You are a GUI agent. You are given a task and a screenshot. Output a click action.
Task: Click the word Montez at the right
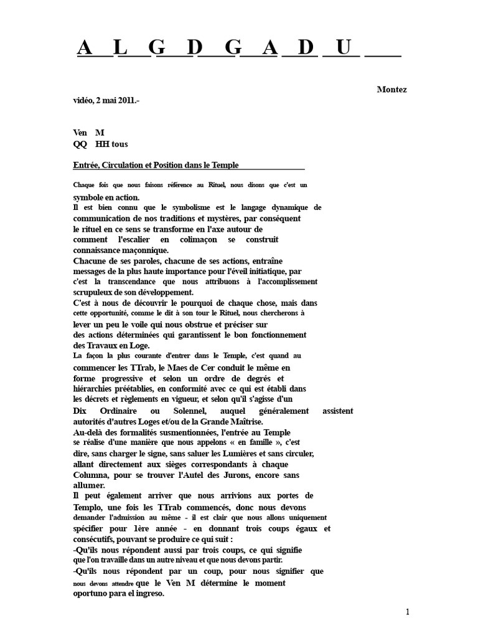pos(391,90)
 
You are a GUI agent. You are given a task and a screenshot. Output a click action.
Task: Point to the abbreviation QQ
pos(80,144)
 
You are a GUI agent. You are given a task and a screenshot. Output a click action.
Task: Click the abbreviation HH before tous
pos(103,144)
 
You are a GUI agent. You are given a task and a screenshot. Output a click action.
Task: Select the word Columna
pos(92,475)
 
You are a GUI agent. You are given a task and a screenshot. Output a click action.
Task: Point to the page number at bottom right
pos(408,612)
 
